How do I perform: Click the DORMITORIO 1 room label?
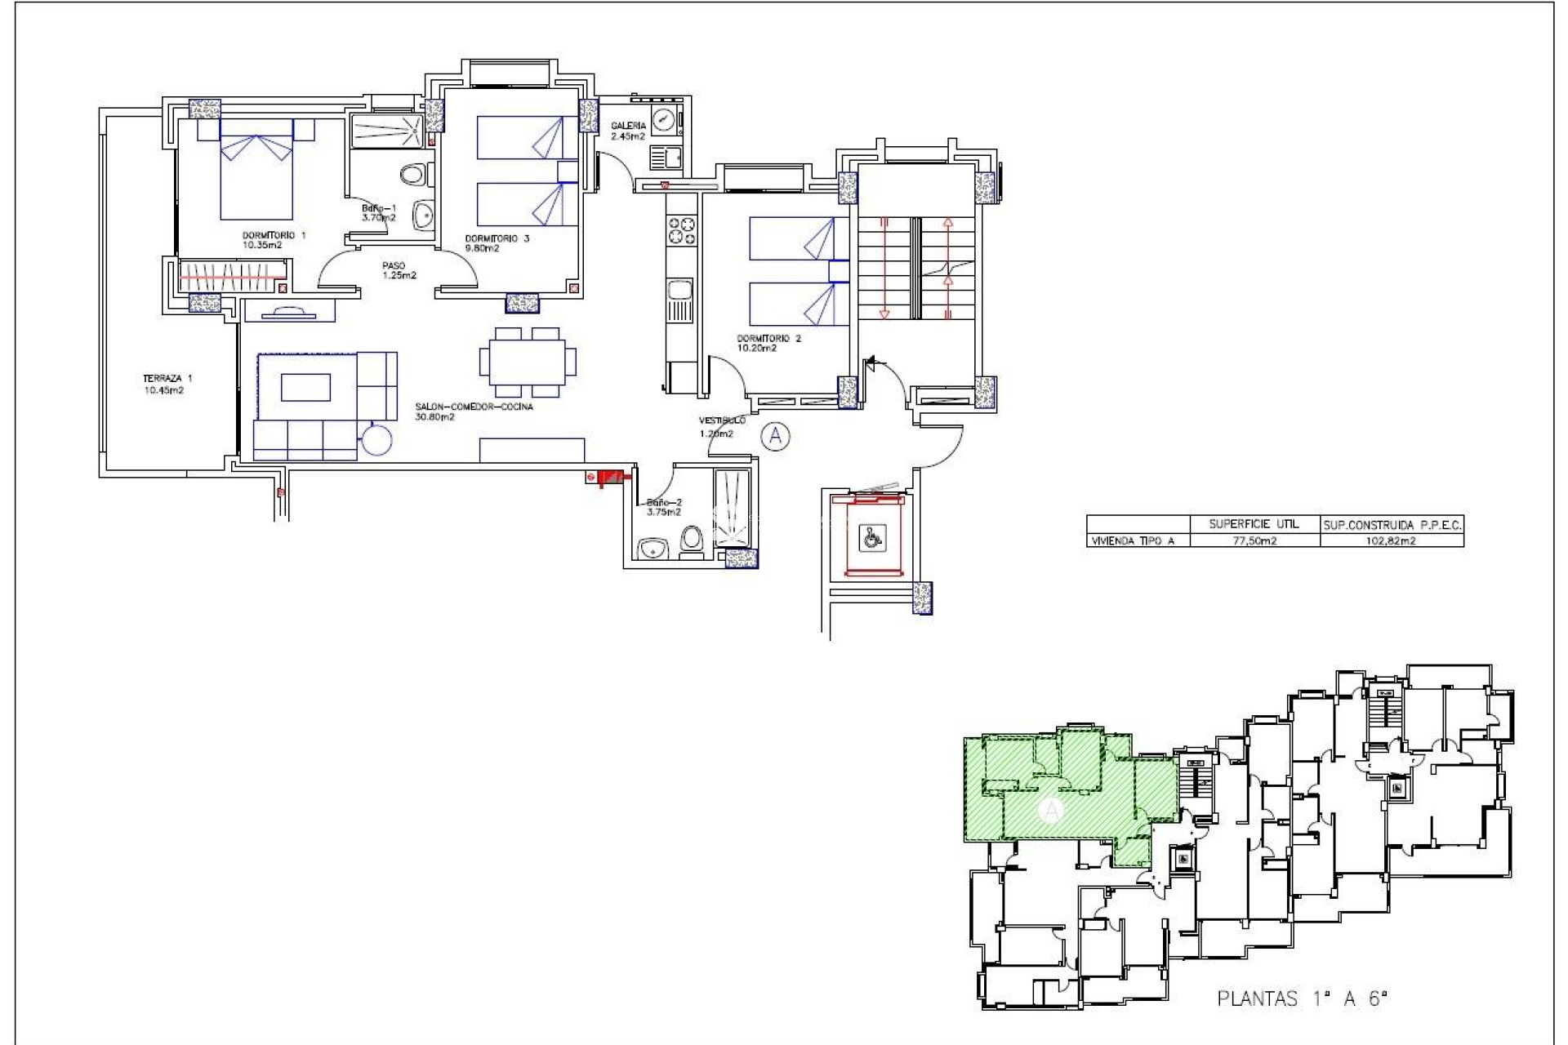point(274,240)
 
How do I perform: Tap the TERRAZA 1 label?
point(167,384)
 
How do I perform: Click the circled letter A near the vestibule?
point(775,437)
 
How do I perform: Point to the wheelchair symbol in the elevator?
point(872,537)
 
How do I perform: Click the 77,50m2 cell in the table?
point(1254,540)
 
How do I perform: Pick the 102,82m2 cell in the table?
point(1391,540)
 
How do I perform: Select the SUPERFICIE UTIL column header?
point(1254,524)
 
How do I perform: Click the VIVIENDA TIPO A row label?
point(1133,540)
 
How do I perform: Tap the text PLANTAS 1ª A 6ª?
point(1302,998)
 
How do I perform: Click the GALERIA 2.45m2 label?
point(628,131)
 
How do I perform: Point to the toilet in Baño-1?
point(415,174)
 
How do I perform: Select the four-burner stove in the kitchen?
point(682,230)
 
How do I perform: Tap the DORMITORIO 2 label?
point(768,343)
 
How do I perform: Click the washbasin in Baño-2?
point(653,549)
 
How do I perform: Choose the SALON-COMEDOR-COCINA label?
point(474,411)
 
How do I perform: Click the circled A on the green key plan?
point(1052,811)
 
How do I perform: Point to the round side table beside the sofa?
point(377,440)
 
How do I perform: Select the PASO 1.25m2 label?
point(398,270)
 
